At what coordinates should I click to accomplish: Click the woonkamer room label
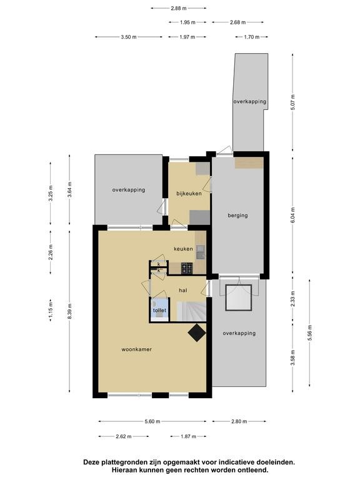tap(136, 349)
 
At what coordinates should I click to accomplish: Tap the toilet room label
tap(159, 311)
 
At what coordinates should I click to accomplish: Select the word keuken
tap(183, 249)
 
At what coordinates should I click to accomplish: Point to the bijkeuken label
tap(189, 194)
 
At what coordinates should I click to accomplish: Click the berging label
tap(238, 216)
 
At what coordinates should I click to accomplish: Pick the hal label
tap(183, 290)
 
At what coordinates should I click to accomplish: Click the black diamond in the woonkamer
tap(196, 332)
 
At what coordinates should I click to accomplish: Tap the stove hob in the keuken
tap(187, 268)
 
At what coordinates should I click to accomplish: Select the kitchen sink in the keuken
tap(201, 252)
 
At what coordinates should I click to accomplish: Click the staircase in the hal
tap(191, 311)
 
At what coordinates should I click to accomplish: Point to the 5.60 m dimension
tap(152, 421)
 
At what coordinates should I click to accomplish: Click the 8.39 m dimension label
tap(70, 311)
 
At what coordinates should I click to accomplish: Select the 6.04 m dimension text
tap(293, 215)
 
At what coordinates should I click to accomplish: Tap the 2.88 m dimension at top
tap(179, 8)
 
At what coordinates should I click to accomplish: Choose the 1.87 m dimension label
tap(188, 436)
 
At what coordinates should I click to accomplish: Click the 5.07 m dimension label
tap(293, 102)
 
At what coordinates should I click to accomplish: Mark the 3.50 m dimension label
tap(129, 37)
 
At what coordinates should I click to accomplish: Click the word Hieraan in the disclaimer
tap(124, 470)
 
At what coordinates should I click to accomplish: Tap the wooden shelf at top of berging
tap(249, 163)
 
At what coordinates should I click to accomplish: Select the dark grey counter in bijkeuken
tap(199, 217)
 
